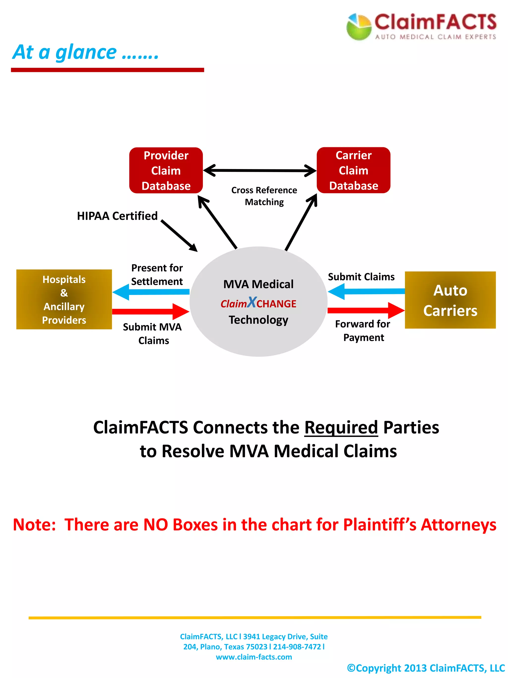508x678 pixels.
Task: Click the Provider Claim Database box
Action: (166, 170)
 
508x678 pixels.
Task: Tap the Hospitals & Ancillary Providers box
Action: (64, 299)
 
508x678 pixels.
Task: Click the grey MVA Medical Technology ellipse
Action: (258, 337)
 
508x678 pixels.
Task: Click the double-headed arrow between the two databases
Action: (260, 170)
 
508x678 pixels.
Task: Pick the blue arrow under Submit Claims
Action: (366, 291)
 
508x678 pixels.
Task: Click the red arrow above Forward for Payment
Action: (366, 311)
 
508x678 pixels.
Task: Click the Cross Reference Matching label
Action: (264, 196)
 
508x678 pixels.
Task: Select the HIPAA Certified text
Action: (117, 216)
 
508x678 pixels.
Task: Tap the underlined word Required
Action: (341, 427)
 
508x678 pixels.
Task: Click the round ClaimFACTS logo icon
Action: (358, 27)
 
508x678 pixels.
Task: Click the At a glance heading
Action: (85, 52)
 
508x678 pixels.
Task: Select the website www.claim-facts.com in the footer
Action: (254, 657)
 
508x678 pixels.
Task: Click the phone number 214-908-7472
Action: (296, 647)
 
